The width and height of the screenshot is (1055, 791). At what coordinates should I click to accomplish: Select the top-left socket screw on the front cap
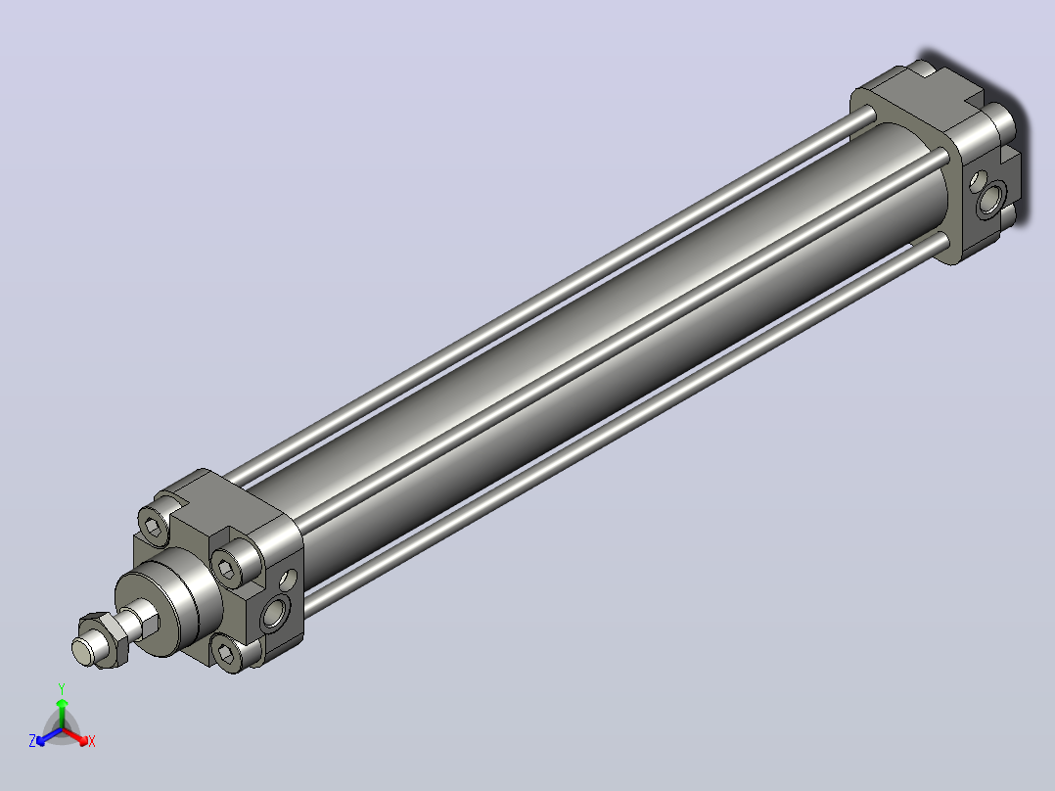point(154,523)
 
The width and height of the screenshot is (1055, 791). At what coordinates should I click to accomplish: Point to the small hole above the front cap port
point(288,579)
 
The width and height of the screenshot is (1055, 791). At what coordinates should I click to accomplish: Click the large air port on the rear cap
point(989,199)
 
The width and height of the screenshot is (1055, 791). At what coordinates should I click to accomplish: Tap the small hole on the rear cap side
point(976,181)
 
